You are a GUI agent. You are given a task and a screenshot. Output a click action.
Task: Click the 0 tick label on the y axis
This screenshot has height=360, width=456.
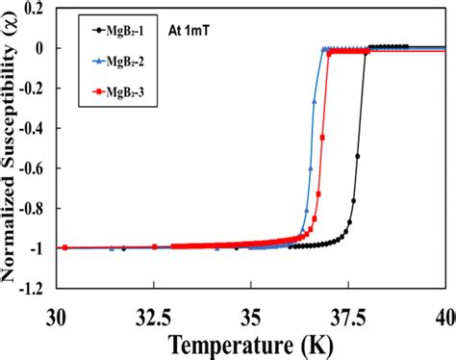pos(42,47)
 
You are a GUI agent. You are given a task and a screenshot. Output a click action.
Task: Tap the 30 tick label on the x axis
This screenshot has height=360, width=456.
pos(57,314)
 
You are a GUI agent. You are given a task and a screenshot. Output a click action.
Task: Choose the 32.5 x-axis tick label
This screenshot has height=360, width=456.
pos(154,314)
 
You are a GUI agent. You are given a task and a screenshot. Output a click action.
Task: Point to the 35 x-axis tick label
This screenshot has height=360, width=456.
pos(251,314)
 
